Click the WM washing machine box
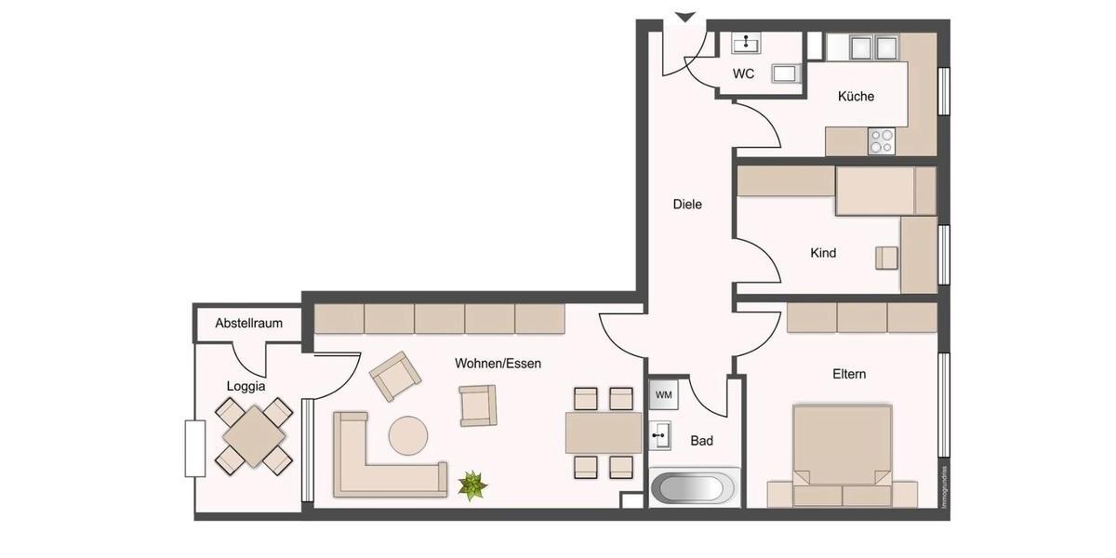[663, 394]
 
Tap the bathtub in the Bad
[695, 488]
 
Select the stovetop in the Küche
[880, 141]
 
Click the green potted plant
[472, 485]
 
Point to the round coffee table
[408, 434]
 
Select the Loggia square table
[254, 435]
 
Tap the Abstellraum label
[248, 324]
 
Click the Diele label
[687, 204]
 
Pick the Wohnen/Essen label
[498, 364]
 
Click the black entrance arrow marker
[685, 16]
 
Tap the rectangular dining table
[603, 432]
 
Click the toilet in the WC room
[786, 73]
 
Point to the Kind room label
[823, 253]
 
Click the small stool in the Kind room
[886, 258]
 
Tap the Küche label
[856, 96]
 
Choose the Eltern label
[849, 374]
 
